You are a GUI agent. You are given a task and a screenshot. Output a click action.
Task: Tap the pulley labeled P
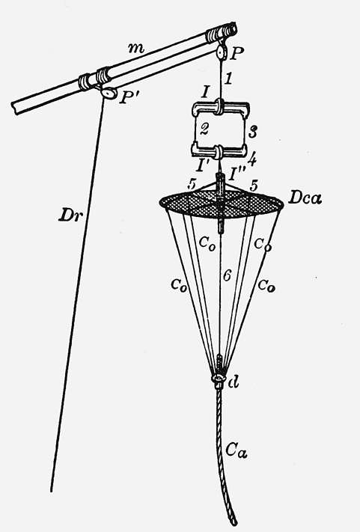(222, 52)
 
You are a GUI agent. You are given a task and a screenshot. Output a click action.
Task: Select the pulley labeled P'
(109, 93)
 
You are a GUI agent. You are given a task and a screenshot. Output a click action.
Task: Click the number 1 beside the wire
(229, 79)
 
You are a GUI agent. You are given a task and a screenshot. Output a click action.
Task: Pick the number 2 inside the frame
(204, 129)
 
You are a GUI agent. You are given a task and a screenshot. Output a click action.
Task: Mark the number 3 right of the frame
(252, 132)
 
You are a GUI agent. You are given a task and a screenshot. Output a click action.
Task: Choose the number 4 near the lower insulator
(252, 158)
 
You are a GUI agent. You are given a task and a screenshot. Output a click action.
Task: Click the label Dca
(305, 198)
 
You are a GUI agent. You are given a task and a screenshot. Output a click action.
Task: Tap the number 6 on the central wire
(227, 276)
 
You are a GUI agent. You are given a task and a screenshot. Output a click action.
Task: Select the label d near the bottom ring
(234, 382)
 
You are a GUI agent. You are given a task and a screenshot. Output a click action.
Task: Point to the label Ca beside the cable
(237, 451)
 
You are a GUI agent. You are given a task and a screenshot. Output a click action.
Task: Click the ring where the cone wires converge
(219, 379)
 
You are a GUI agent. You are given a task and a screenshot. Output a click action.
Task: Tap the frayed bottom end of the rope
(233, 521)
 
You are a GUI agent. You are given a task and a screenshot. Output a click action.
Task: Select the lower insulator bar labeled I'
(219, 150)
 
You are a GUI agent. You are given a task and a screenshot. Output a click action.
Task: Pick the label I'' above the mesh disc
(236, 175)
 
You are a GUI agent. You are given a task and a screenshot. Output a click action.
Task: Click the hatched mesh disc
(222, 203)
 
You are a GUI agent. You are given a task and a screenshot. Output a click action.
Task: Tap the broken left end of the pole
(15, 107)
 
